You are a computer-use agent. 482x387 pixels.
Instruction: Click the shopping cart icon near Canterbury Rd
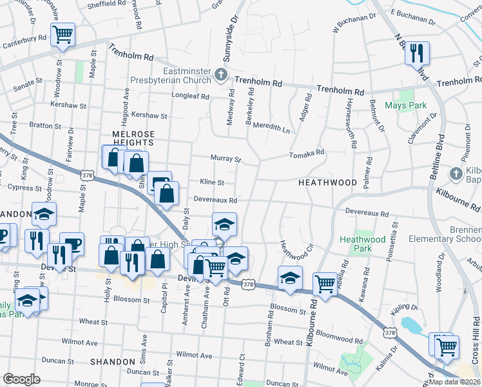click(63, 34)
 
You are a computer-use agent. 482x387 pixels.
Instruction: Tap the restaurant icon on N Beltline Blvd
click(417, 53)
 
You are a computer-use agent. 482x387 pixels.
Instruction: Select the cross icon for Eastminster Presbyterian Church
click(221, 75)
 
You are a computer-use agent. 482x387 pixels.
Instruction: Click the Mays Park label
click(406, 105)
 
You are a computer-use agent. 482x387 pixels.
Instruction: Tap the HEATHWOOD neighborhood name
click(327, 183)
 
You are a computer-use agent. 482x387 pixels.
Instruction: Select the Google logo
click(21, 379)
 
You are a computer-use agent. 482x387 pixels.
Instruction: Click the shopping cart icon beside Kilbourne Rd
click(325, 284)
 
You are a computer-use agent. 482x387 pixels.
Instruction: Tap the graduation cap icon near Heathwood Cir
click(291, 278)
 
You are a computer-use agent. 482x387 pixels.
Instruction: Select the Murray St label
click(226, 159)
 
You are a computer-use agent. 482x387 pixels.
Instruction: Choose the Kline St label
click(211, 182)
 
